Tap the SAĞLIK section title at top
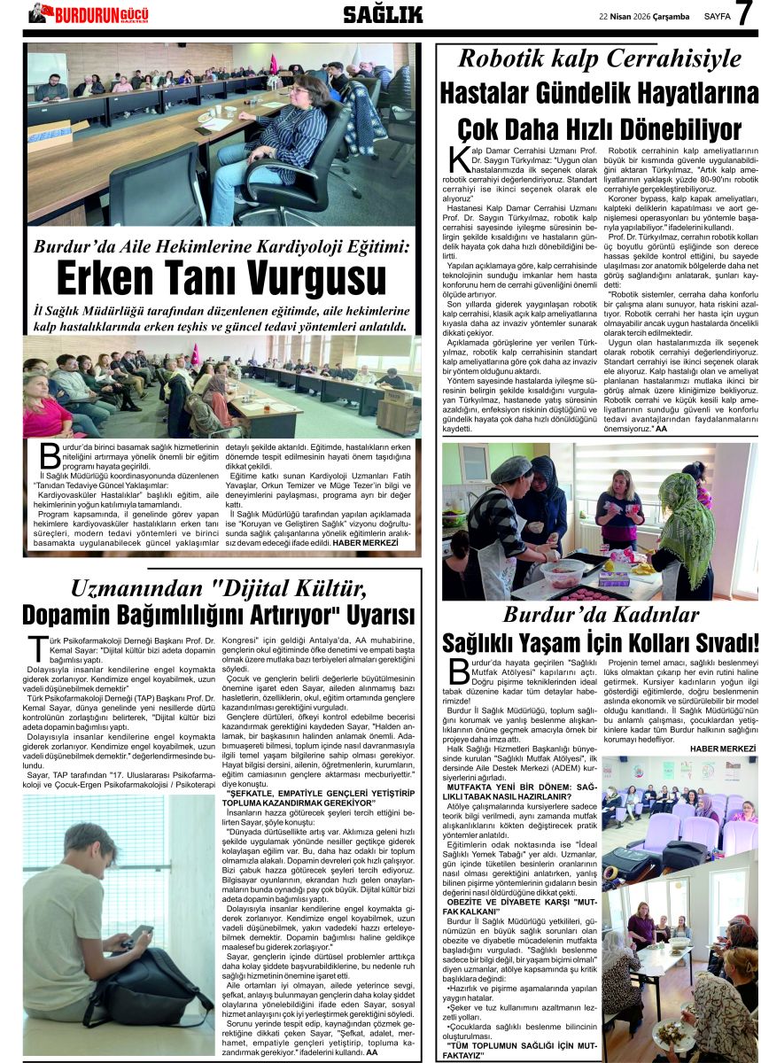[x=383, y=14]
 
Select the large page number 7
[x=746, y=14]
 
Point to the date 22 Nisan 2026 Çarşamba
[x=645, y=15]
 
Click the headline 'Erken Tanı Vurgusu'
[x=221, y=279]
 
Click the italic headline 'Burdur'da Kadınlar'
[x=601, y=615]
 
